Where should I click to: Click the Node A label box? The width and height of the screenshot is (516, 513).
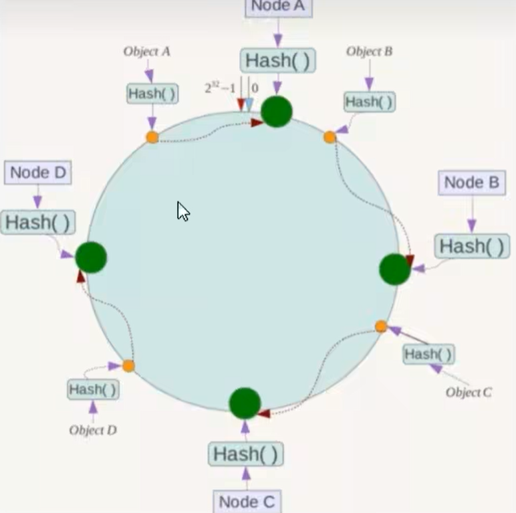tap(278, 7)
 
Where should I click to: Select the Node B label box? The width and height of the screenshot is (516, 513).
tap(472, 183)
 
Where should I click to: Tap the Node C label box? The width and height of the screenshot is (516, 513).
tap(247, 501)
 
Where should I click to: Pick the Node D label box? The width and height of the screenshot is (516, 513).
tap(38, 173)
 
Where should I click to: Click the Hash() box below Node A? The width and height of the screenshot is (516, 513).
tap(277, 61)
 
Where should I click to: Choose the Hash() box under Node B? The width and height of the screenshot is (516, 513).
tap(472, 246)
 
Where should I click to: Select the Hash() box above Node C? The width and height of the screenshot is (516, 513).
tap(245, 454)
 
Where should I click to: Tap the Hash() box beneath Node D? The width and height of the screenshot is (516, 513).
tap(37, 222)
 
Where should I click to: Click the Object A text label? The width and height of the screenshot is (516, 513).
tap(146, 52)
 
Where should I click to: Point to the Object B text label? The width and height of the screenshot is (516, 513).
tap(369, 52)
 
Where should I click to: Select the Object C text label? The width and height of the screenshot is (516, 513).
tap(469, 392)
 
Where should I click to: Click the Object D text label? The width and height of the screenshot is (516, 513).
tap(93, 430)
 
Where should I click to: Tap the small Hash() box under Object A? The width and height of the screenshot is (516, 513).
tap(152, 94)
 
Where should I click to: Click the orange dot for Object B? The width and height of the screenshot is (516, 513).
tap(330, 137)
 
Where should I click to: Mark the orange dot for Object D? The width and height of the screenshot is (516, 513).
tap(128, 366)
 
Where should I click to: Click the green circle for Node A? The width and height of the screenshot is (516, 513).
tap(277, 111)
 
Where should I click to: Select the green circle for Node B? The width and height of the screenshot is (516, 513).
tap(395, 269)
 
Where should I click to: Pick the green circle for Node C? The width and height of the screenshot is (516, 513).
tap(245, 403)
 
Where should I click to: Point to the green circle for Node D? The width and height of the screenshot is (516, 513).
tap(91, 258)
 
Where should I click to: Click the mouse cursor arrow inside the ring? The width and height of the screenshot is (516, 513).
tap(182, 211)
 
